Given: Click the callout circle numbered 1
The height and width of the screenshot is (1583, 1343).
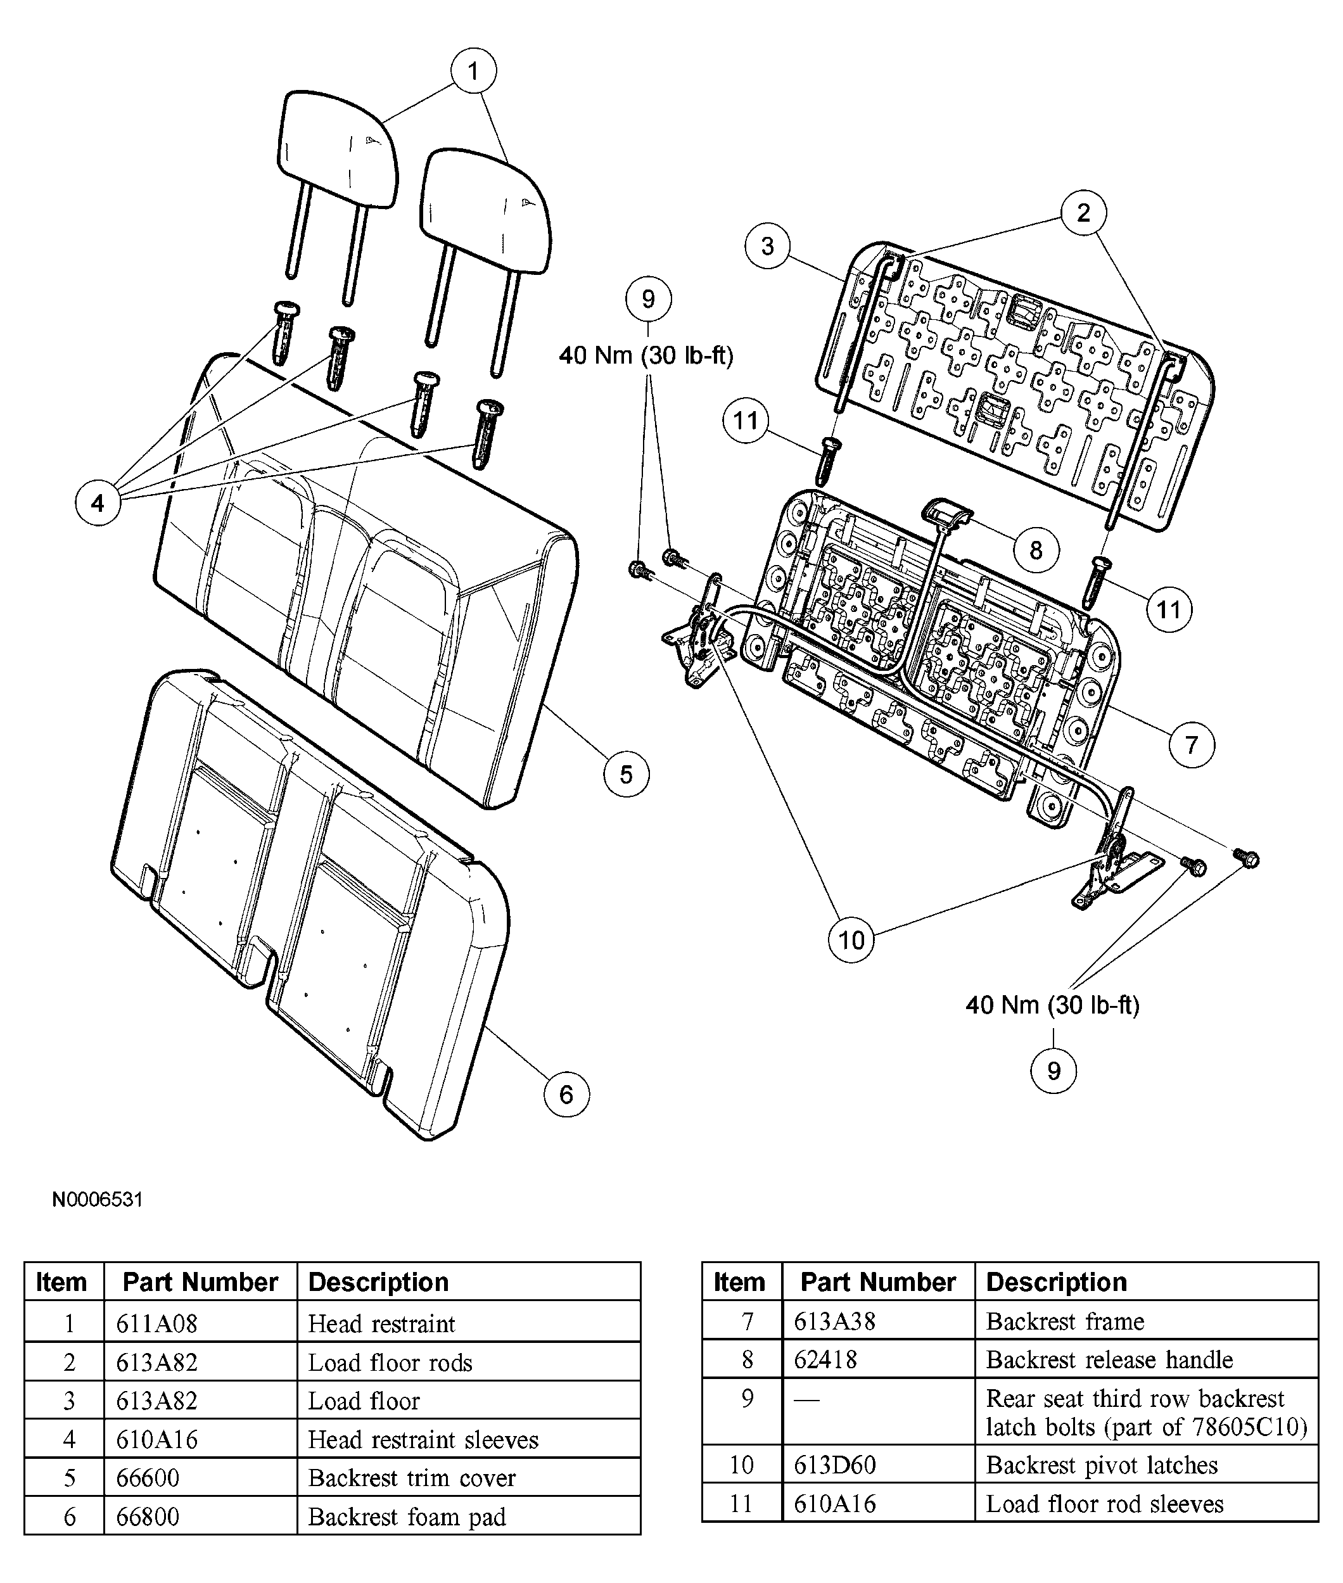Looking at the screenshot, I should (473, 72).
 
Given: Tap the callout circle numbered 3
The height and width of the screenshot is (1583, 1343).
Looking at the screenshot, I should (767, 246).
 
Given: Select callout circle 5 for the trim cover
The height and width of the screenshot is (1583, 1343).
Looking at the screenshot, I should (626, 774).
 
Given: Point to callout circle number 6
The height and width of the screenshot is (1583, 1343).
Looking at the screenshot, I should (566, 1094).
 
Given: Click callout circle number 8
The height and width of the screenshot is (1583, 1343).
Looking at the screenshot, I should (1035, 550).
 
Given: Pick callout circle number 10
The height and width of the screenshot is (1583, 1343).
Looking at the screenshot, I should (850, 939).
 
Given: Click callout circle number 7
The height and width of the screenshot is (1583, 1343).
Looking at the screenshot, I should (1192, 744).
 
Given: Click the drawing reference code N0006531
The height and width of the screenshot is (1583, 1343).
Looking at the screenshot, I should (98, 1199).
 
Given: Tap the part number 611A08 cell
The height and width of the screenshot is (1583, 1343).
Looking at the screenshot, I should (200, 1323).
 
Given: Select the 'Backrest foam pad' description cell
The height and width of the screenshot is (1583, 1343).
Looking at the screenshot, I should (468, 1516).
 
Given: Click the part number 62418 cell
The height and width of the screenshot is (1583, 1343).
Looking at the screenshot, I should (878, 1359).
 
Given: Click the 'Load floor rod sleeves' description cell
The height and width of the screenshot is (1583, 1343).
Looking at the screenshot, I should (1146, 1504).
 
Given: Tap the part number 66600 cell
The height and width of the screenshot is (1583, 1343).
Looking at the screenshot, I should (200, 1478).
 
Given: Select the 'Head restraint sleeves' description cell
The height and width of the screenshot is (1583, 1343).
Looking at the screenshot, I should (468, 1439).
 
